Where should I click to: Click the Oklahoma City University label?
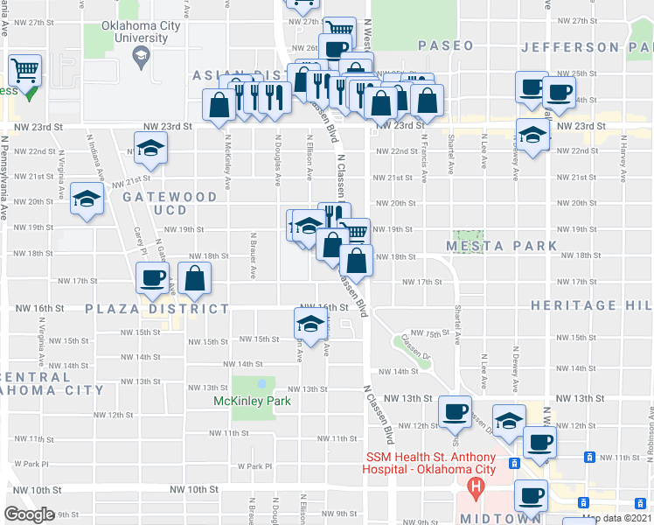coord(140,32)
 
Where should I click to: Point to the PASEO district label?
coord(445,45)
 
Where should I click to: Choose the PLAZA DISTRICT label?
coord(157,309)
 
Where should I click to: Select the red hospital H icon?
coord(476,486)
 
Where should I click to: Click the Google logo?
coord(29,514)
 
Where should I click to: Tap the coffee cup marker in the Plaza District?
coord(154,276)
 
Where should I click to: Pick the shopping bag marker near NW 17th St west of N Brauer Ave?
coord(196,277)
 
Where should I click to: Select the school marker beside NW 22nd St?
coord(150,147)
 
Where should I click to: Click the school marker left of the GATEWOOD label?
coord(87,199)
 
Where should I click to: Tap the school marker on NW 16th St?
coord(309,323)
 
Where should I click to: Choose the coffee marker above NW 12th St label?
coord(455,410)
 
